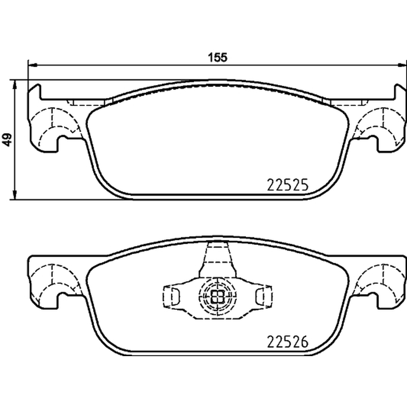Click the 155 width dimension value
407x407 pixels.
218,57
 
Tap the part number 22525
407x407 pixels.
287,185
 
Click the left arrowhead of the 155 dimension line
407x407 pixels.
33,66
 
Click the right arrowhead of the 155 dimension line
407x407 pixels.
402,66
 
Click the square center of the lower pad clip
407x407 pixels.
218,296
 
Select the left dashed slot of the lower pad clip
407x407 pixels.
171,297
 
